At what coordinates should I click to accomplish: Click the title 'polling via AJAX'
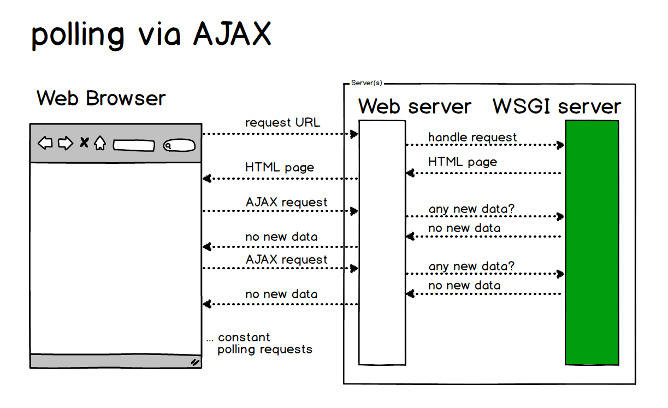click(151, 35)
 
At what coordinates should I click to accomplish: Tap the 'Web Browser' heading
click(101, 99)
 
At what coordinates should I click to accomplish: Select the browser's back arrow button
click(45, 144)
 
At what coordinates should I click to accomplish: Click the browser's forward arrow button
click(66, 144)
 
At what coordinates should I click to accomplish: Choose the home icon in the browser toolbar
click(99, 144)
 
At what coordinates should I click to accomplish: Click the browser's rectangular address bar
click(134, 146)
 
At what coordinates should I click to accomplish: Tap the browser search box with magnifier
click(179, 146)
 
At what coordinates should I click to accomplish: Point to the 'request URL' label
click(282, 123)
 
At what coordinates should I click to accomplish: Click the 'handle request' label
click(472, 137)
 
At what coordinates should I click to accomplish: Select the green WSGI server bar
click(592, 242)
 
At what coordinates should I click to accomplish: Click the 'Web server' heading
click(415, 106)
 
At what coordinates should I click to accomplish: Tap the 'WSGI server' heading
click(557, 106)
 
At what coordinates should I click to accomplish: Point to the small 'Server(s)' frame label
click(366, 83)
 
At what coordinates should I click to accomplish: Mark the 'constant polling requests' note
click(260, 344)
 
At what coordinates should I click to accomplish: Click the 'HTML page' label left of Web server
click(280, 167)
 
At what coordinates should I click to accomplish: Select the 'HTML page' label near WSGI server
click(463, 162)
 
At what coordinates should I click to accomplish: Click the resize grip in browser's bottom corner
click(194, 362)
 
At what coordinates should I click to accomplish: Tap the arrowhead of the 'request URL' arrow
click(354, 134)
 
